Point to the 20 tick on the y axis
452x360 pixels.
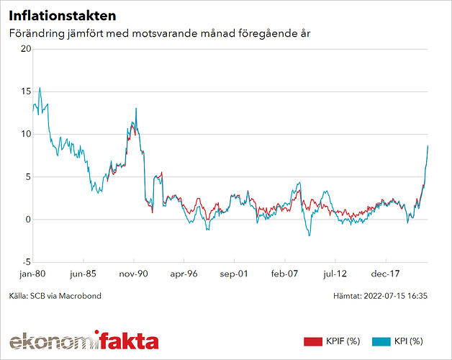26,49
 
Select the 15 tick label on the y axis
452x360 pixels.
26,91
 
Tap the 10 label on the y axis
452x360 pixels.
26,134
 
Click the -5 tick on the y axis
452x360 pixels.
26,262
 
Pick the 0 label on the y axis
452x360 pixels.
28,220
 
